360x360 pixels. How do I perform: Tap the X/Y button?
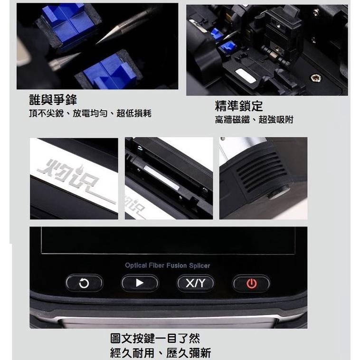(x=195, y=284)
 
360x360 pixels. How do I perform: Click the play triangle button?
(x=140, y=283)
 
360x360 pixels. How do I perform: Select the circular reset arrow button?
(x=84, y=284)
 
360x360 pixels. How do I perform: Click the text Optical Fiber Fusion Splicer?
(x=167, y=265)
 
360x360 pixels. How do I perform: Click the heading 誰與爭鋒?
(x=53, y=100)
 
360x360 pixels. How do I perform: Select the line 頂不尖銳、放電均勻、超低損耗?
(x=90, y=114)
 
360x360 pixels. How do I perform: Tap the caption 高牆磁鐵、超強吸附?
(x=254, y=120)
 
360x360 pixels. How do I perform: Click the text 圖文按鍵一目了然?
(x=155, y=339)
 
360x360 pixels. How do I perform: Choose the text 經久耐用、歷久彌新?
(x=160, y=353)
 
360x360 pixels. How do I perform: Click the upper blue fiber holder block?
(x=67, y=23)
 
